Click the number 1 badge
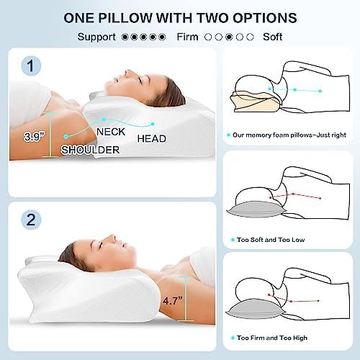click(31, 66)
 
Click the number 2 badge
click(31, 220)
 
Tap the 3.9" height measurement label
click(35, 137)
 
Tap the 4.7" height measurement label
click(173, 300)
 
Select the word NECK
click(111, 132)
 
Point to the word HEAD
click(152, 139)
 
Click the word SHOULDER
click(90, 150)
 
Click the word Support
click(96, 37)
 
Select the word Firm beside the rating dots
click(187, 37)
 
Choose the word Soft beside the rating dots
click(272, 37)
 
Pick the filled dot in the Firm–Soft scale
click(229, 37)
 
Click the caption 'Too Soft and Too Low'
click(271, 240)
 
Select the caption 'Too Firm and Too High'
click(272, 338)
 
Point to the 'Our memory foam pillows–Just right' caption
click(289, 135)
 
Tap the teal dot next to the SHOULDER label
click(66, 136)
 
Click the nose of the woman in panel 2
click(111, 238)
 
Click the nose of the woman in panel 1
click(127, 72)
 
